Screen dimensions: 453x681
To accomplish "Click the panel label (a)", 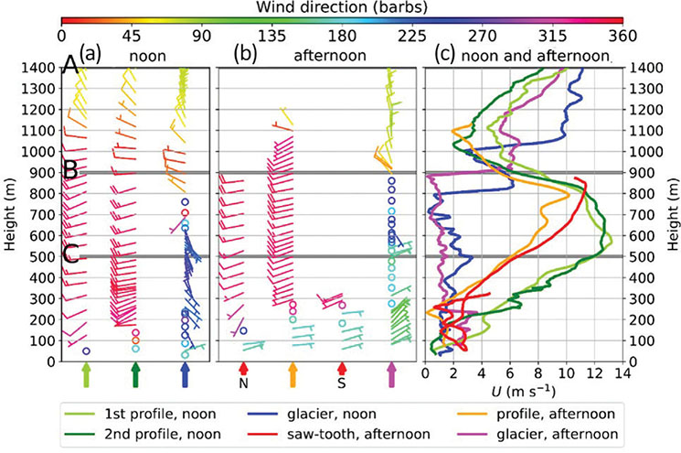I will pos(90,53).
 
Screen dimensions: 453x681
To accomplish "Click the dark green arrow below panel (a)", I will pos(135,375).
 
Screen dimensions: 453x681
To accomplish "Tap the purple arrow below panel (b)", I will pos(391,375).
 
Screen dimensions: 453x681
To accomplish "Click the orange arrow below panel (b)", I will pos(293,375).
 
